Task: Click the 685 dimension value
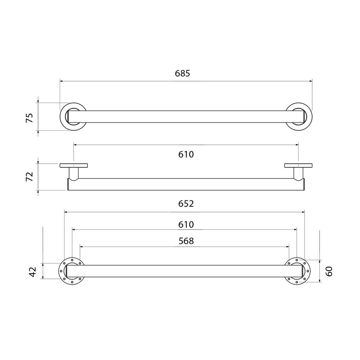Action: pos(183,73)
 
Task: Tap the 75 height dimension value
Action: pos(30,118)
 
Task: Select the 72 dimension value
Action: pos(30,176)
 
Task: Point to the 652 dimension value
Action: pos(186,204)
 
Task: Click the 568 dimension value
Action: pos(186,241)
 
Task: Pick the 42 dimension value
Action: pos(33,271)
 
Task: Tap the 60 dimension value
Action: pos(329,271)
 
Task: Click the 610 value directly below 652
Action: pos(186,225)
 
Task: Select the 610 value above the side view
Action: pos(186,154)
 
